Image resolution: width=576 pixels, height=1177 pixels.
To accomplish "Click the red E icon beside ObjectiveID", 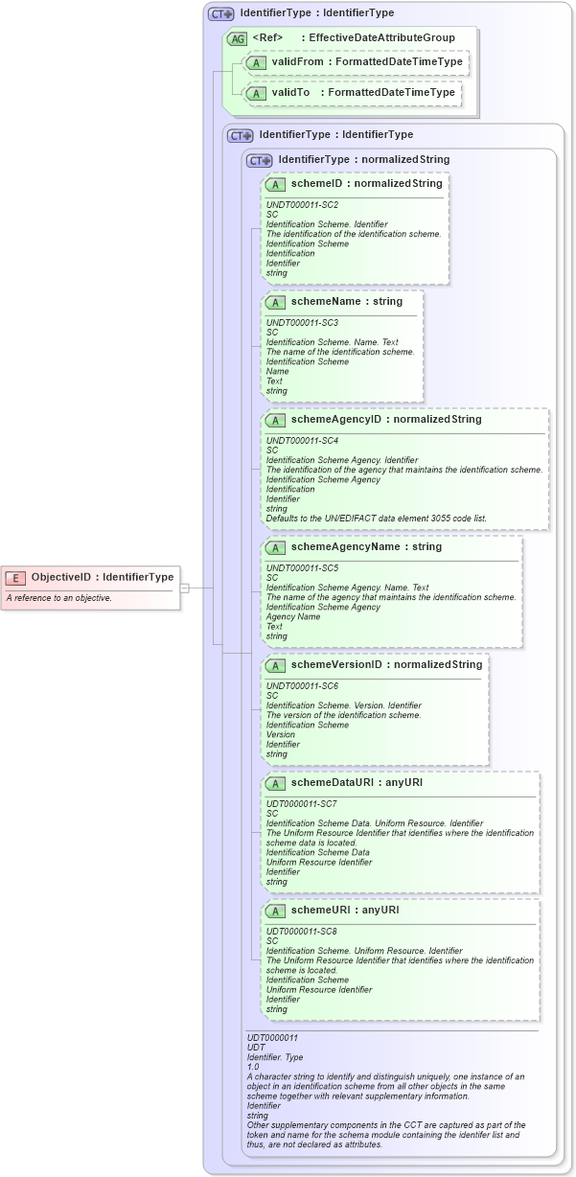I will [x=16, y=577].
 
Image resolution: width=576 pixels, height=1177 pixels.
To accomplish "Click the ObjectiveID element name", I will [x=61, y=577].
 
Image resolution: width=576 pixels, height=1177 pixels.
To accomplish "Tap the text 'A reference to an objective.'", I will [x=59, y=598].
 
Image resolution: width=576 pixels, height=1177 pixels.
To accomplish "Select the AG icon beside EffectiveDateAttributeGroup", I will [x=237, y=38].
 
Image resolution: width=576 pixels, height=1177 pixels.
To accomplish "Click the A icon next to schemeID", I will [x=275, y=183].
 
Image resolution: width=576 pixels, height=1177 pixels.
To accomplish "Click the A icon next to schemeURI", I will [x=275, y=910].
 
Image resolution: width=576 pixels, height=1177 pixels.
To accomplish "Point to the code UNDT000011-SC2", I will [x=302, y=204].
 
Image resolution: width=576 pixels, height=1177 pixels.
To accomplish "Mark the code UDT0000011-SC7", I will [x=302, y=803].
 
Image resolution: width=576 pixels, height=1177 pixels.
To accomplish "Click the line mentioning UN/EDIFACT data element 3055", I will [x=376, y=518].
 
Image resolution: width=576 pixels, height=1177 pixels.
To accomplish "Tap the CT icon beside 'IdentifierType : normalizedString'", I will [x=260, y=160].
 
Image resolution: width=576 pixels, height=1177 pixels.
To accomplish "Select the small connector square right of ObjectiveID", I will [x=185, y=588].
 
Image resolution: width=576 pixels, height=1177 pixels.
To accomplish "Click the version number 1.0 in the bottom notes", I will [x=253, y=1067].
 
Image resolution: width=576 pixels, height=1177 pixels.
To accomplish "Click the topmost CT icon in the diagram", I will [x=221, y=14].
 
